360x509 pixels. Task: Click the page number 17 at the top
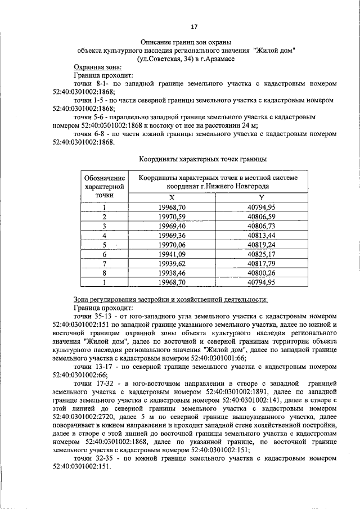pos(194,26)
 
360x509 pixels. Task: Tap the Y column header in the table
pos(261,197)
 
